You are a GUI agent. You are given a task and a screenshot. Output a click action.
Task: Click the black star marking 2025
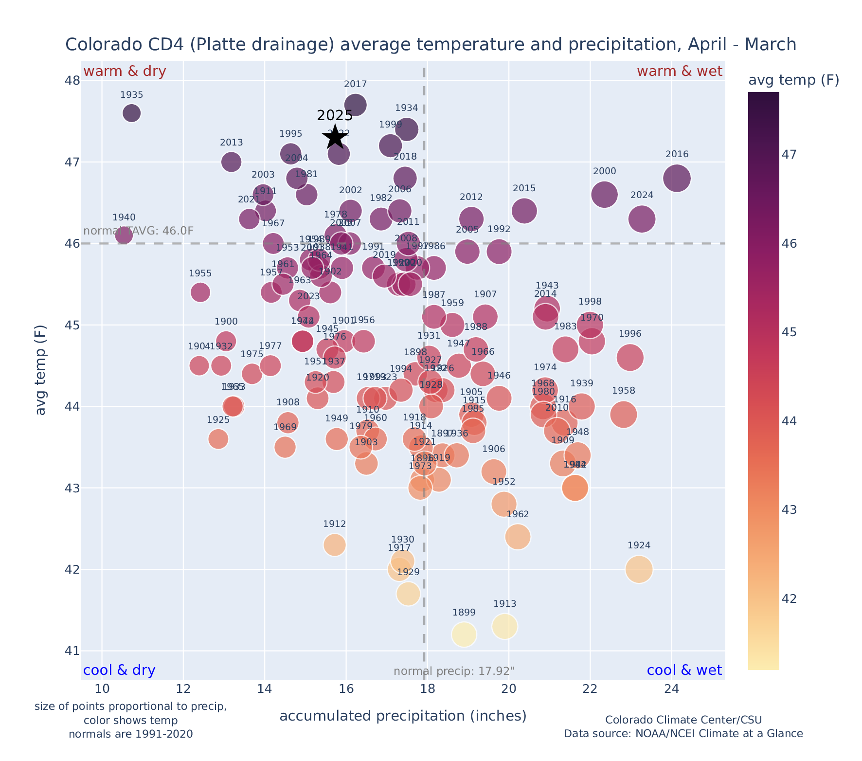335,137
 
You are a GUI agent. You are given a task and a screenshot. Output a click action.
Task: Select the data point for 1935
131,113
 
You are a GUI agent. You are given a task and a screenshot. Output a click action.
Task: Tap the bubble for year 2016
676,178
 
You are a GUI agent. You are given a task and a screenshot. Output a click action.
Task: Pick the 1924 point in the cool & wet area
639,569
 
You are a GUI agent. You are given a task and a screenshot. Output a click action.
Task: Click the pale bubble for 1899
464,634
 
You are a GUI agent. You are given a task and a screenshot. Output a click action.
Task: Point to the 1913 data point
504,626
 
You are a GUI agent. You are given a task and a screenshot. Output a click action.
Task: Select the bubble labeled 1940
124,236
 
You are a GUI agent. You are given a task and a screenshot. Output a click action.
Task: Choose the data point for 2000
604,195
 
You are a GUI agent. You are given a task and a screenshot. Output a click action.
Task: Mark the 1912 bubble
334,544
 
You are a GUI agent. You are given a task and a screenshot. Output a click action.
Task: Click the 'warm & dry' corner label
125,72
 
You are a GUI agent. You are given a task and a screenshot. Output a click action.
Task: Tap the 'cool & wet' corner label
684,670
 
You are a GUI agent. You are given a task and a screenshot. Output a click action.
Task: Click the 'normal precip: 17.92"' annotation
453,671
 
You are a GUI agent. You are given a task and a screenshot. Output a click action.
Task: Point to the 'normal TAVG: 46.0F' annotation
139,231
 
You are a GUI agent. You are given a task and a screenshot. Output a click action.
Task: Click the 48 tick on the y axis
73,80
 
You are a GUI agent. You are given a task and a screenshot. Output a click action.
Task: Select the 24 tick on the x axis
671,689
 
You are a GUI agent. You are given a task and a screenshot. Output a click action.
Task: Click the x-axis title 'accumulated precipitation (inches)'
403,716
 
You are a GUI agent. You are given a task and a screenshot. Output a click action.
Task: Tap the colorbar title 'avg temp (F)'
793,80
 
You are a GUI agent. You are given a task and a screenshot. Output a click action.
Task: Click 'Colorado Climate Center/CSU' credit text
683,720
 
